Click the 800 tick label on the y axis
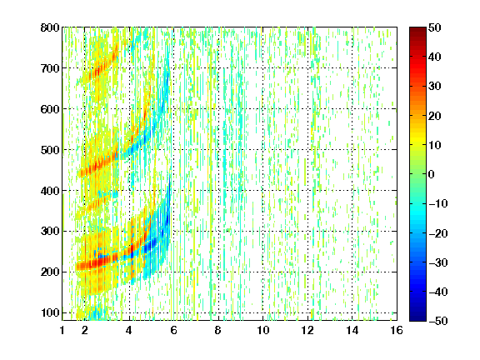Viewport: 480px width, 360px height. pyautogui.click(x=50, y=27)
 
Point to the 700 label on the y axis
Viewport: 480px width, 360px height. pyautogui.click(x=50, y=68)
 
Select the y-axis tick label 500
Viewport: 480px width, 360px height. pyautogui.click(x=50, y=150)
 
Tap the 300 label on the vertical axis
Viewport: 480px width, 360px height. pyautogui.click(x=50, y=232)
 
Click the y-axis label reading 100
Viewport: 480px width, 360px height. pyautogui.click(x=50, y=312)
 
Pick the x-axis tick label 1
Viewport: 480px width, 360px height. pyautogui.click(x=62, y=330)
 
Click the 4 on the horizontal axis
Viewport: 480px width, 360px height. pyautogui.click(x=129, y=330)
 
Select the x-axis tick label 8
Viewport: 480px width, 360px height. pyautogui.click(x=218, y=330)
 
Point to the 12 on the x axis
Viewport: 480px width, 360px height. pyautogui.click(x=307, y=330)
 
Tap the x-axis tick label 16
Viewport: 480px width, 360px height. pyautogui.click(x=397, y=330)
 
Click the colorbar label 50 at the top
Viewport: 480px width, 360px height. pyautogui.click(x=435, y=27)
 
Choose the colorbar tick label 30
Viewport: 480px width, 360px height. pyautogui.click(x=435, y=87)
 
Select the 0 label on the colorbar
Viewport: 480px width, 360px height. pyautogui.click(x=432, y=174)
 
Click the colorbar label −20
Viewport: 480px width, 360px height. pyautogui.click(x=438, y=233)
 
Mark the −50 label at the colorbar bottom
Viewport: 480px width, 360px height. pyautogui.click(x=438, y=321)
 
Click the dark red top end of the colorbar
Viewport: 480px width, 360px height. pyautogui.click(x=417, y=29)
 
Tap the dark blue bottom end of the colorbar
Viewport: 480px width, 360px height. pyautogui.click(x=417, y=318)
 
